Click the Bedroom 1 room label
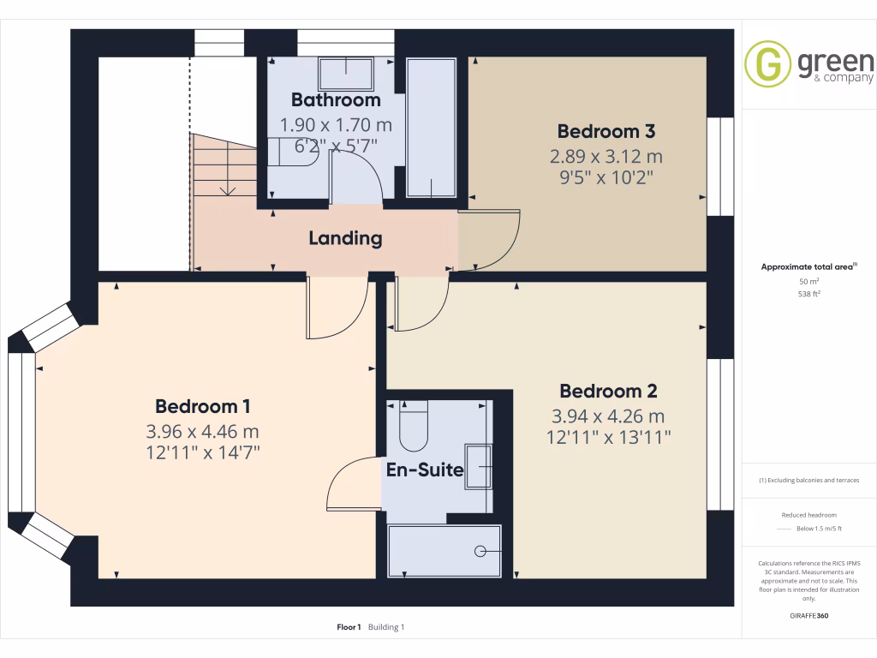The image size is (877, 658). point(203,405)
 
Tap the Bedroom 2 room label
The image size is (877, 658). point(608,392)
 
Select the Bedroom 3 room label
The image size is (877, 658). point(606,131)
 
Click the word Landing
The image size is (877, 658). point(345,238)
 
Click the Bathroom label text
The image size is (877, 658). point(336,100)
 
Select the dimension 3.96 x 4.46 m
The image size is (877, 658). point(203,430)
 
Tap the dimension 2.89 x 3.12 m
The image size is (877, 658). point(606,157)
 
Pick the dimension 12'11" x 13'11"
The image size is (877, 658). point(608,438)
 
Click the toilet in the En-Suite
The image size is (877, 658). point(414,429)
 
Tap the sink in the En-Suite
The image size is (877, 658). point(478,467)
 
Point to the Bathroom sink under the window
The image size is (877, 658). point(346,74)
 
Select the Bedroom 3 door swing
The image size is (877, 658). point(492,240)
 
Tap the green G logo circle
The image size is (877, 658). point(768,64)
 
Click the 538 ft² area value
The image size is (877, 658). point(808,293)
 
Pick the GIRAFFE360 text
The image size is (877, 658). point(808,616)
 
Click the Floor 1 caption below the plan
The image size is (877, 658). point(349,627)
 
